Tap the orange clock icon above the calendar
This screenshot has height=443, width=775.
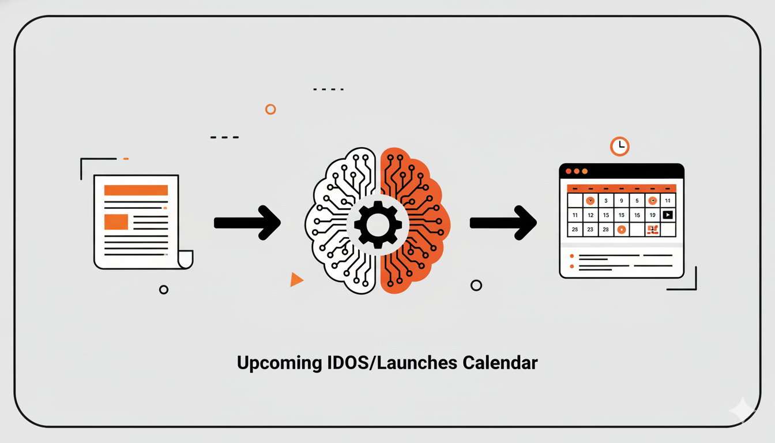click(x=619, y=146)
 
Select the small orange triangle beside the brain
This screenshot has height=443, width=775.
click(x=296, y=280)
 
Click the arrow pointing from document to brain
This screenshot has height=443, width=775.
click(x=247, y=223)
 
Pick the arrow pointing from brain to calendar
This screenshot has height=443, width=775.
click(x=503, y=223)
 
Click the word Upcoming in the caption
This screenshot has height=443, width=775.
click(x=279, y=363)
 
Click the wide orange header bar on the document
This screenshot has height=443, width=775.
click(x=136, y=190)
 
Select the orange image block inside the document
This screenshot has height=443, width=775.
click(x=116, y=221)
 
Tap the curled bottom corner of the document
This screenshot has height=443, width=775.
click(x=185, y=260)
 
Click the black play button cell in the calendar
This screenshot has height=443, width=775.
click(x=668, y=215)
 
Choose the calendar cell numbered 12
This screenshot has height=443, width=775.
click(x=590, y=215)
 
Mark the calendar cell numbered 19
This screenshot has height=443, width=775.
click(x=652, y=215)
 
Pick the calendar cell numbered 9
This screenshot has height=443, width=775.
click(x=622, y=201)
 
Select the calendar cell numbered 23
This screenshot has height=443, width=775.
click(x=590, y=230)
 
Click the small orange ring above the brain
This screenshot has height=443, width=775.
click(x=270, y=109)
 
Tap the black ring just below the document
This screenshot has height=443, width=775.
click(x=164, y=290)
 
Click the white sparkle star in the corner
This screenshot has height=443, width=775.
click(x=743, y=411)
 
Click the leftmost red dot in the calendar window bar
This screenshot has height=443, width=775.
click(x=569, y=171)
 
